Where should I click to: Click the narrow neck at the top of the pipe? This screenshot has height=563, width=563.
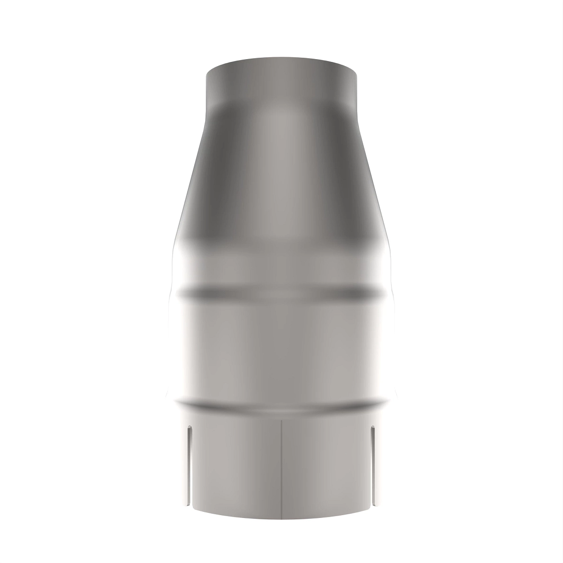coord(281,87)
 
